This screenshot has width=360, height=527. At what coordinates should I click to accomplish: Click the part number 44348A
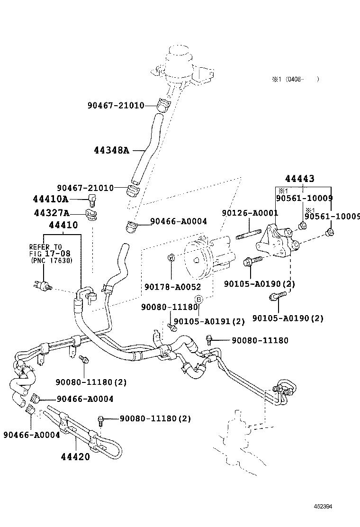pyautogui.click(x=111, y=150)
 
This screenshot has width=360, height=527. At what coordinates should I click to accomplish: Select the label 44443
pyautogui.click(x=299, y=179)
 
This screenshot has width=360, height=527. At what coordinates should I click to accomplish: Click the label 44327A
pyautogui.click(x=51, y=213)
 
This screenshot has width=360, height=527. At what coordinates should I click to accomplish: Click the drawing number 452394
pyautogui.click(x=322, y=507)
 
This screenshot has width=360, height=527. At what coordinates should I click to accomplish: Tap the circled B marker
pyautogui.click(x=199, y=299)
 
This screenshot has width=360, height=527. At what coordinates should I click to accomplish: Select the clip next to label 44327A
pyautogui.click(x=92, y=214)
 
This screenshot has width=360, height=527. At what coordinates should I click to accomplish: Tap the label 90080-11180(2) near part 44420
pyautogui.click(x=155, y=418)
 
